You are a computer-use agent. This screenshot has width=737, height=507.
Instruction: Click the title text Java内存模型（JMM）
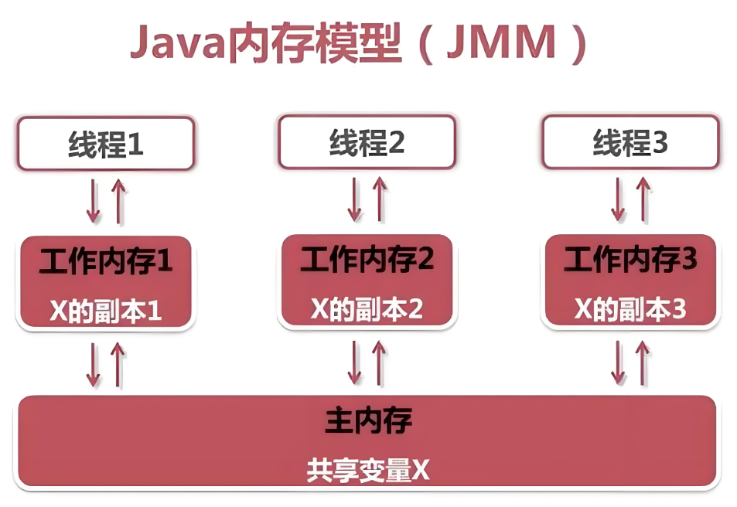tap(358, 44)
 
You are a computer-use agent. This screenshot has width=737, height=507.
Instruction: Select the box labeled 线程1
tap(105, 144)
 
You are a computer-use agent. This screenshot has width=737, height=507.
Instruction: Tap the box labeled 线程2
tap(367, 143)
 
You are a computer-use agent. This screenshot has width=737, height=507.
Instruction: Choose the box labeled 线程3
tap(630, 143)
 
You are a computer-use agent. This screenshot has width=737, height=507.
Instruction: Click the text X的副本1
tap(105, 311)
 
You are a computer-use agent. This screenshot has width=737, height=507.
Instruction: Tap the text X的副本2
tap(367, 309)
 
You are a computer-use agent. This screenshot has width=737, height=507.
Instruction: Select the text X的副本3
tap(630, 309)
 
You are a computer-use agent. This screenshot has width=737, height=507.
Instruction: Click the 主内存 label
tap(367, 422)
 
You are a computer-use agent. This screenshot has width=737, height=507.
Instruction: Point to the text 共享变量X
tap(367, 469)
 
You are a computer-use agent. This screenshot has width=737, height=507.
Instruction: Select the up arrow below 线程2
tap(379, 199)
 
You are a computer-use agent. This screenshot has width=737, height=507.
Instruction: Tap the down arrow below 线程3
tap(618, 199)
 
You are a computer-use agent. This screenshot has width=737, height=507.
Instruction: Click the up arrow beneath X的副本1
tap(117, 364)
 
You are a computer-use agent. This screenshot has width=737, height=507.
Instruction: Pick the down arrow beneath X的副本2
tap(355, 362)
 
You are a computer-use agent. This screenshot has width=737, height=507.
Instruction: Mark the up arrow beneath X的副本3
tap(641, 362)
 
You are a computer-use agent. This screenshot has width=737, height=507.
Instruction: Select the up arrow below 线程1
tap(117, 201)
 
